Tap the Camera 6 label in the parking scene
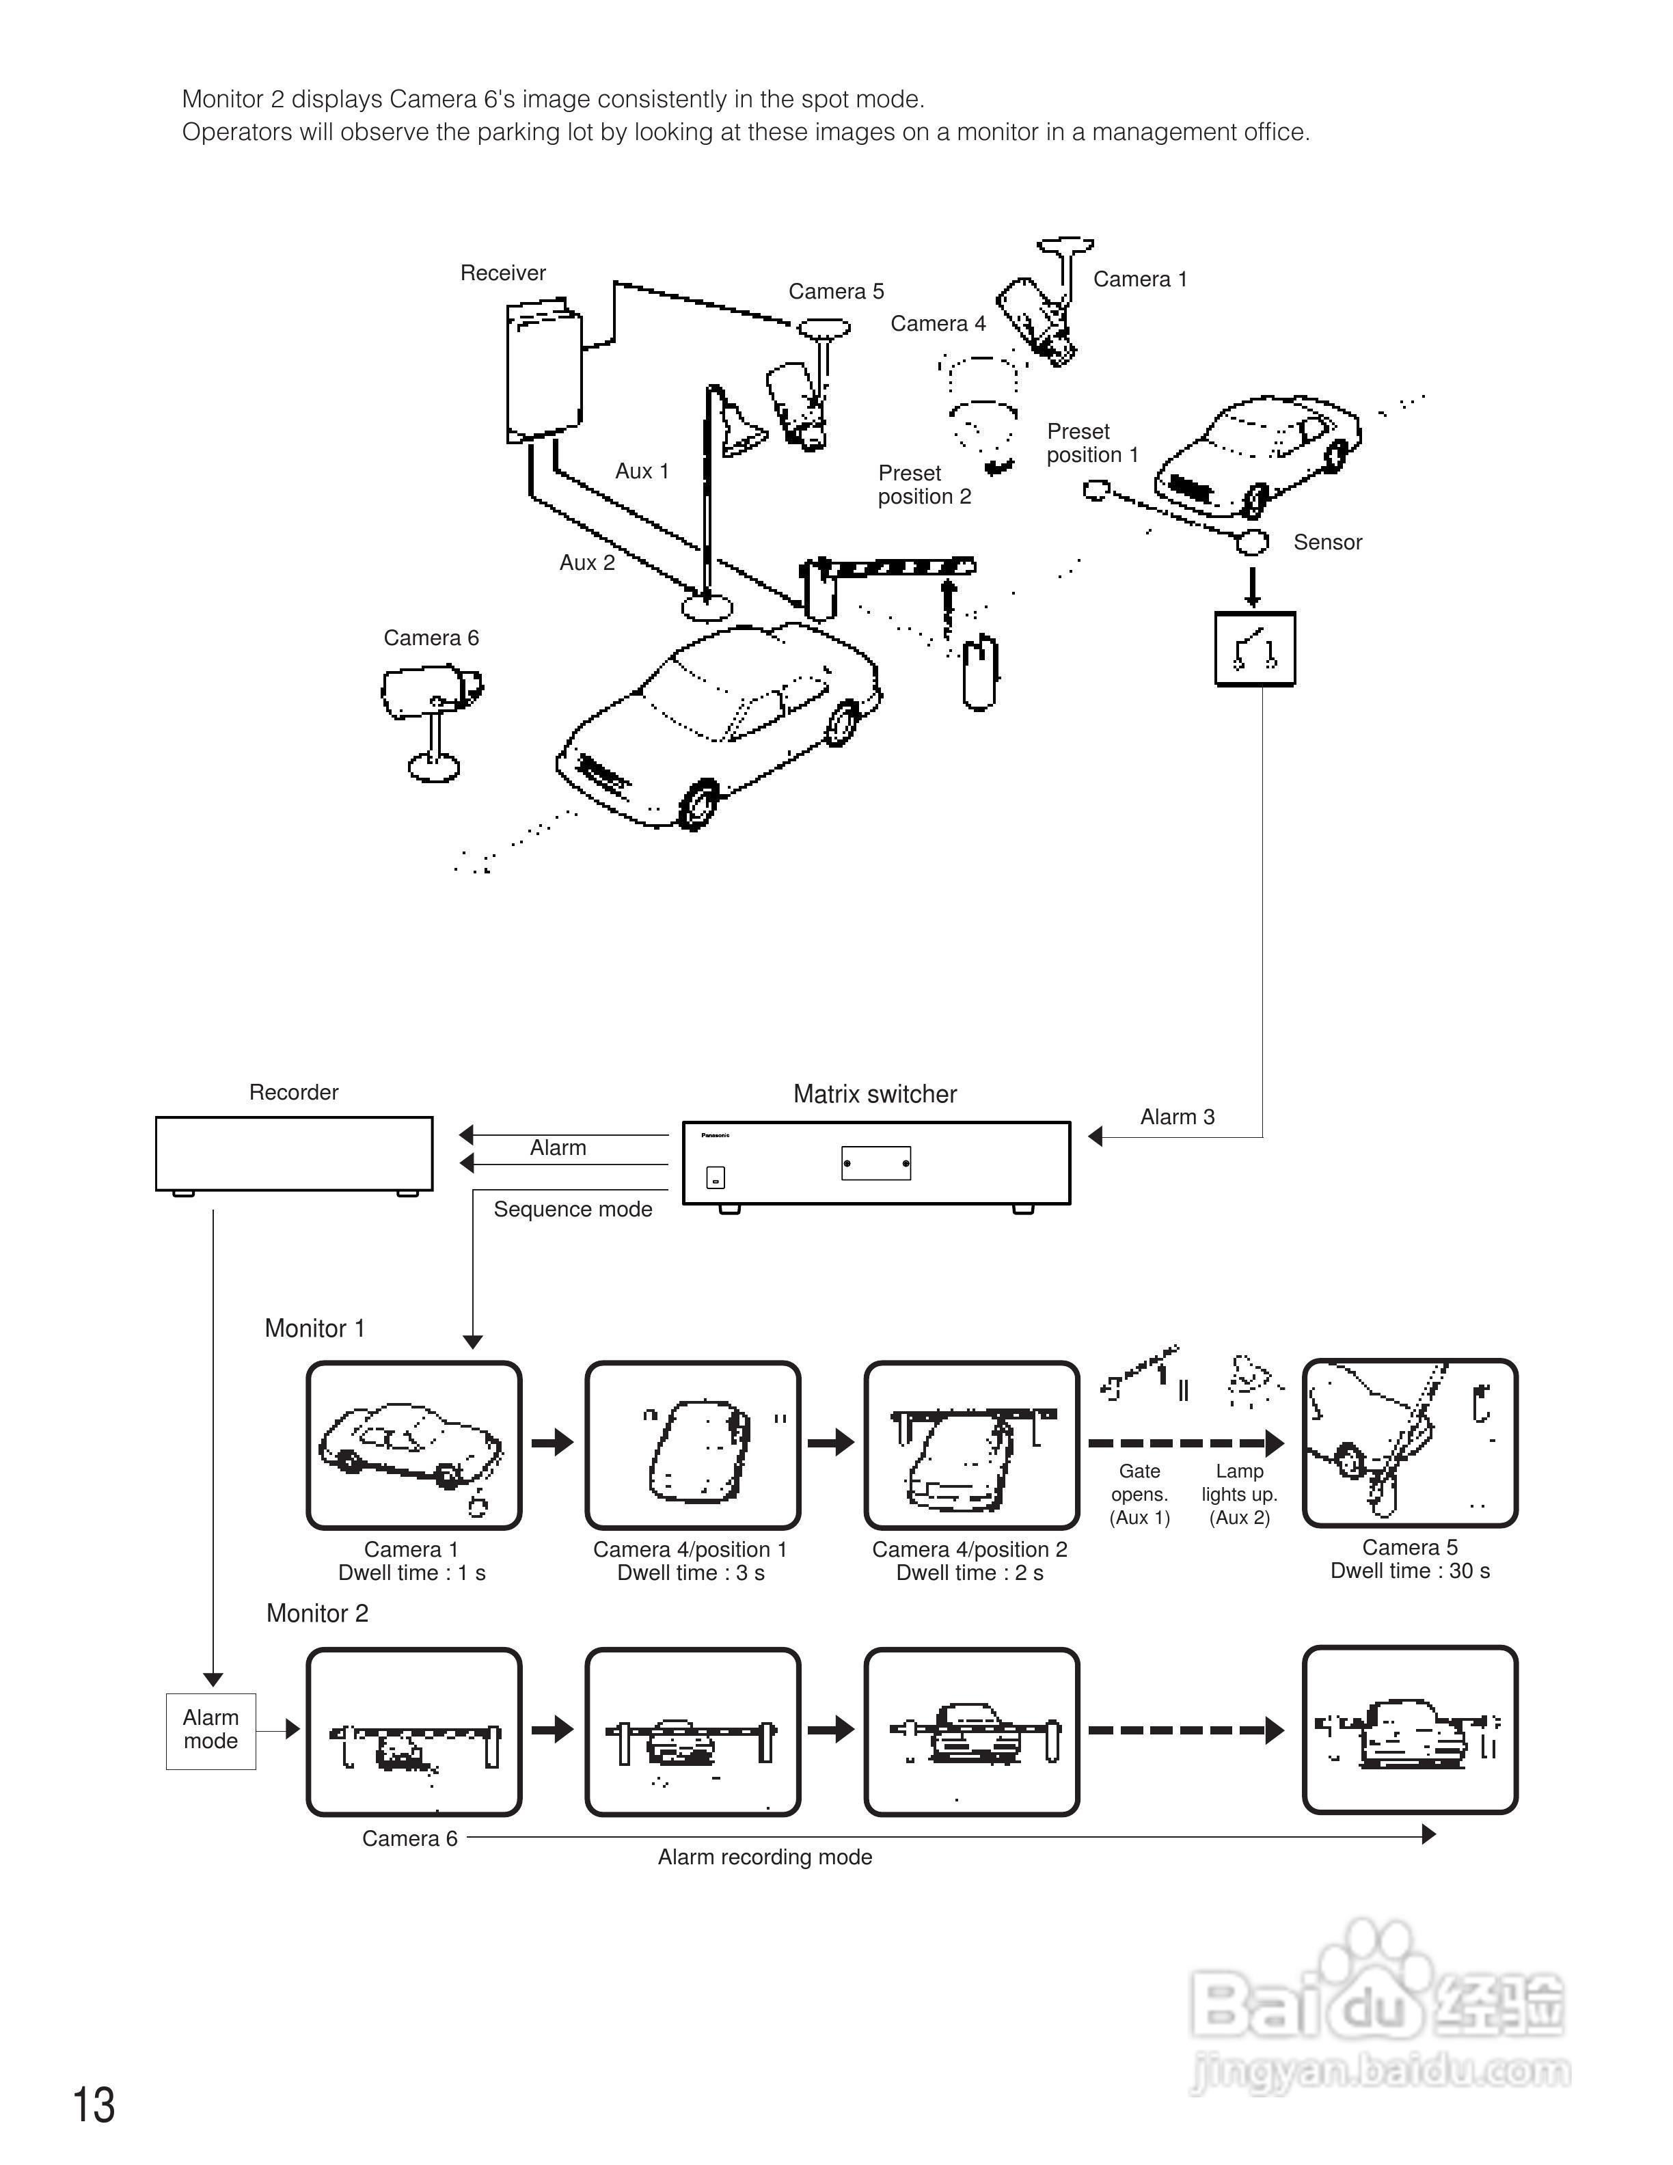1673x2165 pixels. [431, 638]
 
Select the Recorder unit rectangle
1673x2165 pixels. [295, 1154]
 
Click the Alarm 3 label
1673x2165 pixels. [1178, 1117]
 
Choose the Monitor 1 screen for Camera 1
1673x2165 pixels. [413, 1445]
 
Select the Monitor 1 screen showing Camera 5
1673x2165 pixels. [1409, 1443]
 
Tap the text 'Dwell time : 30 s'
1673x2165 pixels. [1409, 1571]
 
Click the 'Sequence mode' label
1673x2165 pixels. [573, 1210]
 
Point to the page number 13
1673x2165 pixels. [94, 2106]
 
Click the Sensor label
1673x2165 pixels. [1327, 542]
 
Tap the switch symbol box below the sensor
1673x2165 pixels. [1255, 649]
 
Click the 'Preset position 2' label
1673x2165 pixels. [924, 485]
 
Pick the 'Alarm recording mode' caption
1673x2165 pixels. [764, 1857]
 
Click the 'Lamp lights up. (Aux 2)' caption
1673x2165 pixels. [1239, 1494]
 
